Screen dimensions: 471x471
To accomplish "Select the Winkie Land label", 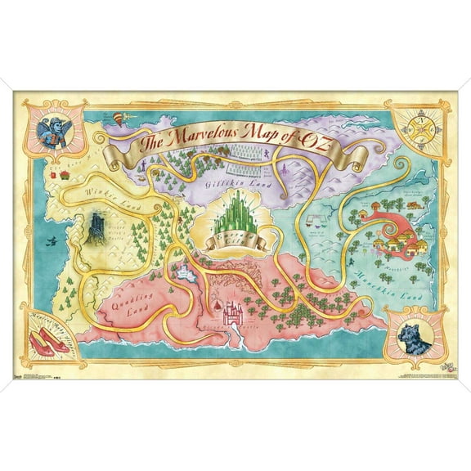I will pos(105,194).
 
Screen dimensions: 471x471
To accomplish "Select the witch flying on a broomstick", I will pos(53,239).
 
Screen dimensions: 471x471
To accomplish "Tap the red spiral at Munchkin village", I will pos(399,216).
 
